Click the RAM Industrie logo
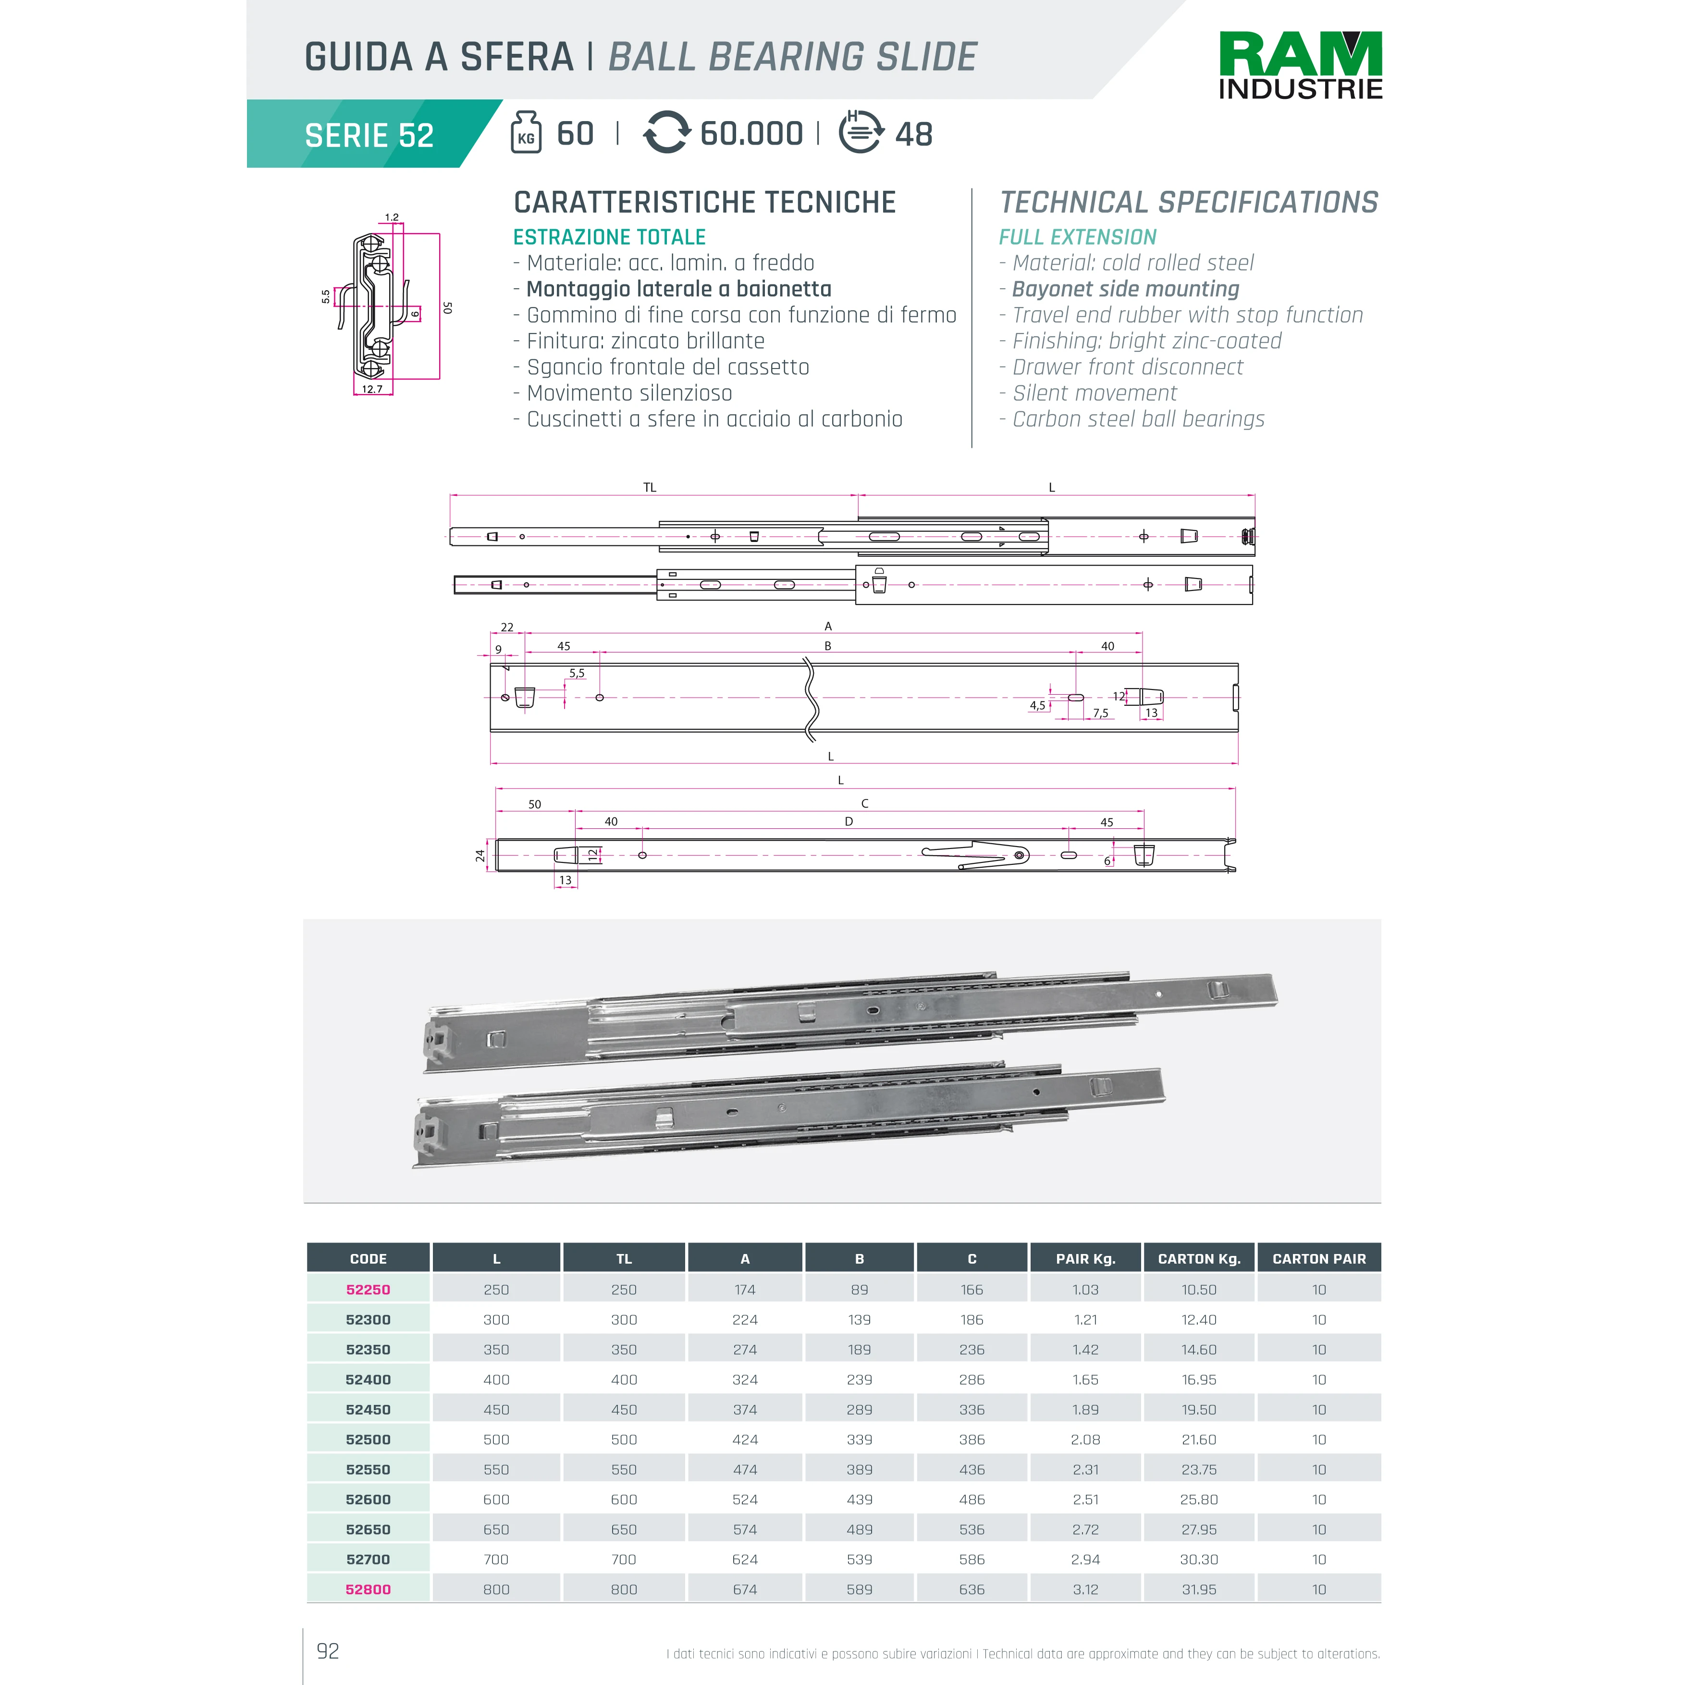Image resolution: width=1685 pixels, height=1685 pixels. [1300, 65]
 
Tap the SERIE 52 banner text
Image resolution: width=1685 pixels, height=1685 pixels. [369, 135]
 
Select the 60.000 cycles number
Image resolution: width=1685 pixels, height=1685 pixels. [751, 134]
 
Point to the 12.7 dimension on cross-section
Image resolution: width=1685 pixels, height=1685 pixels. [372, 389]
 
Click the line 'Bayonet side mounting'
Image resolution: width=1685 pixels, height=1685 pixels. [1125, 289]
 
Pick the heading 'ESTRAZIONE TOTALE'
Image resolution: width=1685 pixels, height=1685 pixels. [609, 237]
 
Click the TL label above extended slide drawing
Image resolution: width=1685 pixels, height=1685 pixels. [650, 488]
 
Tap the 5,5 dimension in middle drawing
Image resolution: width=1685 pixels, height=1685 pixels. [577, 673]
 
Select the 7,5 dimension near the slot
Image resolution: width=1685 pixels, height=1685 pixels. [1101, 713]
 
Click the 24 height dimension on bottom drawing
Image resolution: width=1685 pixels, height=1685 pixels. [480, 856]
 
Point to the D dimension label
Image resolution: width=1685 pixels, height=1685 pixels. [849, 822]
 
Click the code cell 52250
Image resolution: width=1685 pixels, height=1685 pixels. [368, 1289]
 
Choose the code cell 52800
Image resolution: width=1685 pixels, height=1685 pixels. [368, 1589]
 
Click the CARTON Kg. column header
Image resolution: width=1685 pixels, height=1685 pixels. [1198, 1258]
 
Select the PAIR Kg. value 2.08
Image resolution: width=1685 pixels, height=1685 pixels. [1085, 1439]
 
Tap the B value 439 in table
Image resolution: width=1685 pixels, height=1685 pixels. [859, 1499]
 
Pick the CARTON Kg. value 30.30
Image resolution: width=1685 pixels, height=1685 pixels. [1198, 1560]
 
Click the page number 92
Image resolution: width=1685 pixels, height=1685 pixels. [328, 1651]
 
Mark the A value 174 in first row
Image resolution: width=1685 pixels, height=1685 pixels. [745, 1289]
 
